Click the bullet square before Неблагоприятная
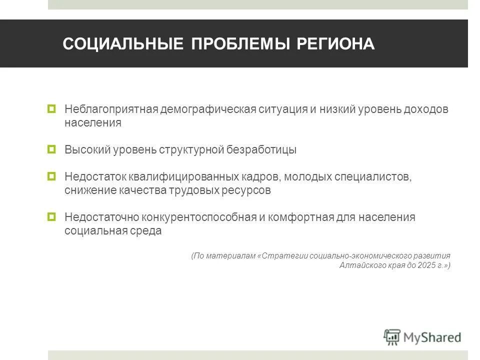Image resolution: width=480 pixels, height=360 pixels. tap(51, 108)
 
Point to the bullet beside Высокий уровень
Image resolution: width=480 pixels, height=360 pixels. tap(51, 149)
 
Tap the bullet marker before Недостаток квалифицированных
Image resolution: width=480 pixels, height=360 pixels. tap(51, 176)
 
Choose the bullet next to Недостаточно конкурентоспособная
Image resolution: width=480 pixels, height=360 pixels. tap(51, 217)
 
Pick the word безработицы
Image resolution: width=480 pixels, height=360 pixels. tap(262, 149)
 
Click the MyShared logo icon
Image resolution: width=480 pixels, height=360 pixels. tap(392, 337)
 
